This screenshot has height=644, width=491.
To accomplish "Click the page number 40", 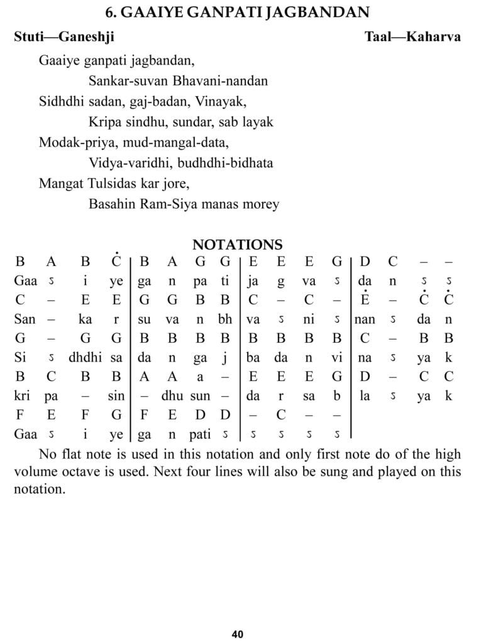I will coord(237,634).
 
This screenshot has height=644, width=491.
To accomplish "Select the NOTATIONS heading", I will coord(237,245).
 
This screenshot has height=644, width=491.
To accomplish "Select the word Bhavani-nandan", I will coord(223,80).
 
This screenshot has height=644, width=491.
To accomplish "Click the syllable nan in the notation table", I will coord(365,319).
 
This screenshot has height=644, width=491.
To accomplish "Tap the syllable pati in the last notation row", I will coord(200,435).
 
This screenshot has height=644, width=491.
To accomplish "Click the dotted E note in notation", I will coord(365,299).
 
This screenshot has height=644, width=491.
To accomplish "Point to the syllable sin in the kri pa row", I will coord(116,396).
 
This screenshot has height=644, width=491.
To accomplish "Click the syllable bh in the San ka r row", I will coord(225,319).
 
